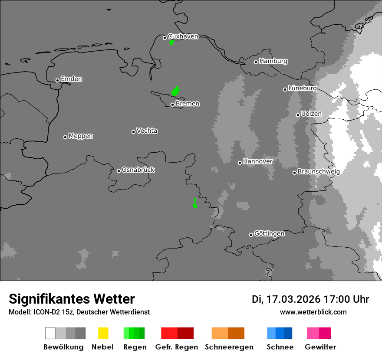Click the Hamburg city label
point(273,61)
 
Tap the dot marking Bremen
point(172,105)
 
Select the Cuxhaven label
point(183,36)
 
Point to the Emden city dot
point(57,80)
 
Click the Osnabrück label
point(138,170)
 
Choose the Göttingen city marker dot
point(251,235)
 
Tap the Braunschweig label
point(319,171)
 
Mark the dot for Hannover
point(240,163)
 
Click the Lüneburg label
point(303,88)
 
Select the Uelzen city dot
point(298,115)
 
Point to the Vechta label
point(147,131)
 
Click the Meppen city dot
point(65,137)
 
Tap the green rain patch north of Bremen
point(175,91)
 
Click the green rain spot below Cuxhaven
point(171,43)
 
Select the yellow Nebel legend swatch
point(103,333)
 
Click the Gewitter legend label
point(320,347)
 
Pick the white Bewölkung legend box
point(50,333)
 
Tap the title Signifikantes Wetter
point(72,299)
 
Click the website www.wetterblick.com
point(313,312)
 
